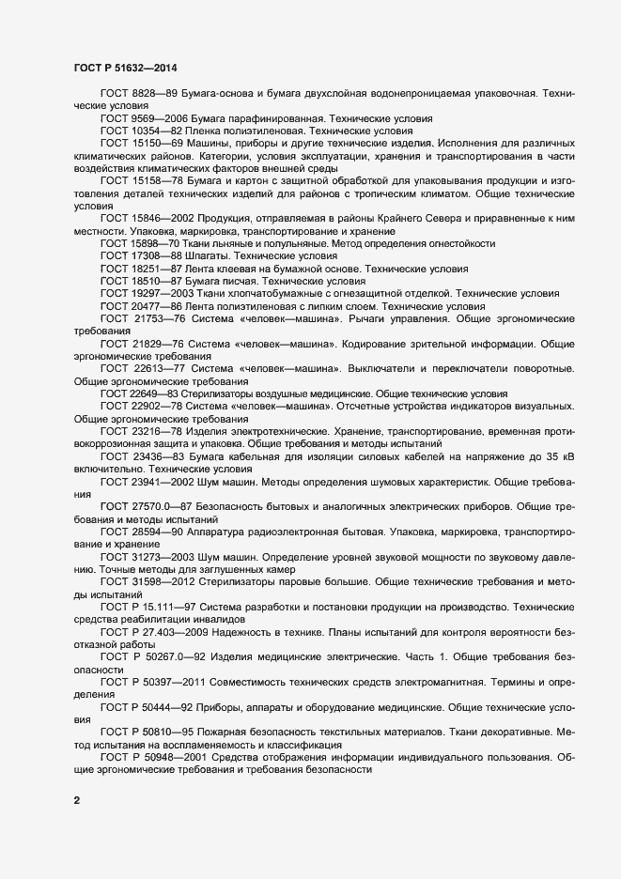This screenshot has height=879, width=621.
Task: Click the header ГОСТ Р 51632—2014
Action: click(124, 68)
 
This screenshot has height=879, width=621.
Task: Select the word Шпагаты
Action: click(207, 254)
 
